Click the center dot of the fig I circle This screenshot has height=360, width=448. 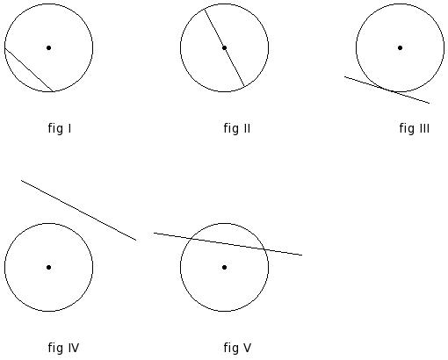49,47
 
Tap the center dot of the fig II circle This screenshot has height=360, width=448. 224,47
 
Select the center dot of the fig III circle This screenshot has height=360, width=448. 400,47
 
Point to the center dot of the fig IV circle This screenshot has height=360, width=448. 49,267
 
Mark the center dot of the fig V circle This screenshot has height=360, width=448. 224,267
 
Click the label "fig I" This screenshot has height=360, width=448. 60,128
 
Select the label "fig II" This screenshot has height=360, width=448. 237,128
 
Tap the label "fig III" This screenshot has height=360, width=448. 415,128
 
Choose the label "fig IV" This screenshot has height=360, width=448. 63,348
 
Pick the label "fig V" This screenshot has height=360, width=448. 237,348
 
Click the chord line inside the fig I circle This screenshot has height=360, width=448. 29,69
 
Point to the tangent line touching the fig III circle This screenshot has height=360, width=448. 387,90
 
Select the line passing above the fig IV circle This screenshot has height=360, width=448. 78,210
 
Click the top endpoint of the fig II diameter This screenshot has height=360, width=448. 205,9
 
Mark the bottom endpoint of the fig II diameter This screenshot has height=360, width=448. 244,87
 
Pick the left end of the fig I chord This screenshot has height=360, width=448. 5,48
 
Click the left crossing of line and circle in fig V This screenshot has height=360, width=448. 191,239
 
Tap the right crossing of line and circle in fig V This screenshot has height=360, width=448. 264,249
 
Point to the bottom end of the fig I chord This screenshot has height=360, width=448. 53,91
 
